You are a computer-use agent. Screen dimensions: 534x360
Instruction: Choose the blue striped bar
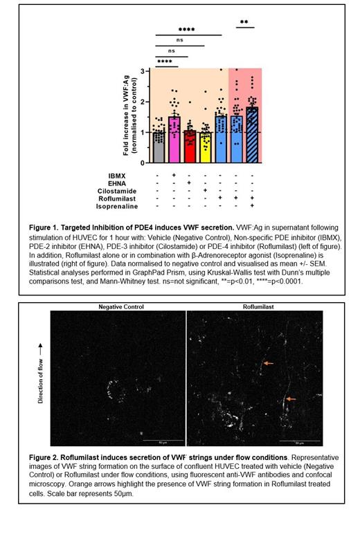[253, 136]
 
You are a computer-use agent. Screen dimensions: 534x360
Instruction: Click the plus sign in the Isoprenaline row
[253, 207]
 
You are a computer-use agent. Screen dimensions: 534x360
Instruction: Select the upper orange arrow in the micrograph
[269, 362]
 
